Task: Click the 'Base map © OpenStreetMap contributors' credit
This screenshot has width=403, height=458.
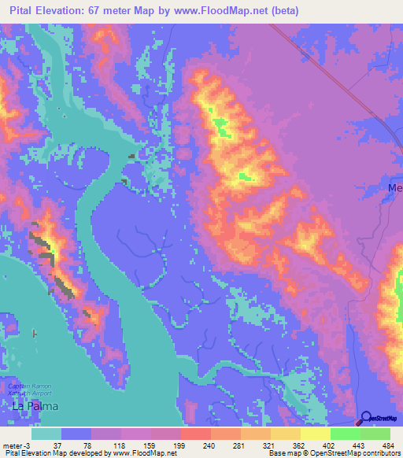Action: coord(333,453)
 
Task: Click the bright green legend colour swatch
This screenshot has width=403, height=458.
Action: coord(346,434)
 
